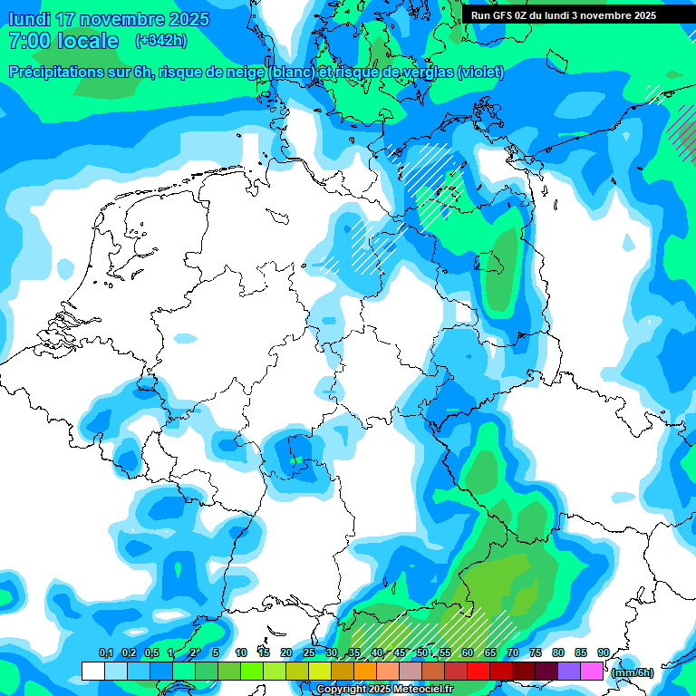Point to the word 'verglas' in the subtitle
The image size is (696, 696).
[x=425, y=72]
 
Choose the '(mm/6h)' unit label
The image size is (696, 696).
[x=633, y=672]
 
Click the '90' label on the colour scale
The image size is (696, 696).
[x=603, y=652]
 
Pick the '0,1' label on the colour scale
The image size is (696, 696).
[x=105, y=652]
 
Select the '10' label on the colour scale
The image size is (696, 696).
[x=241, y=652]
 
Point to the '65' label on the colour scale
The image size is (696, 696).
[x=490, y=652]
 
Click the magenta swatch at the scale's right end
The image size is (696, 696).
[x=592, y=671]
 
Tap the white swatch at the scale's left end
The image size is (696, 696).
[x=92, y=671]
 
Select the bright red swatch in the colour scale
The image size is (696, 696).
[x=478, y=671]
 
